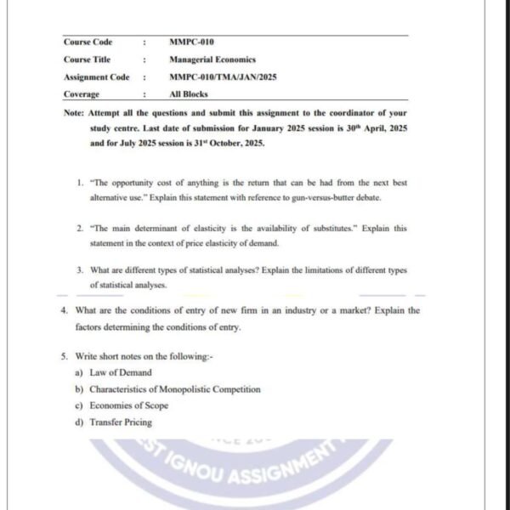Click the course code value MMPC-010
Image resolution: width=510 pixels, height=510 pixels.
coord(191,42)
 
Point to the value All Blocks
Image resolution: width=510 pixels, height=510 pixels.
coord(188,94)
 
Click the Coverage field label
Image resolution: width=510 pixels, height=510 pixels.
coord(82,94)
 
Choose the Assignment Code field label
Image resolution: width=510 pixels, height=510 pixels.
coord(97,77)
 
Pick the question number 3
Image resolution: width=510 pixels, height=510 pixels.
coord(78,270)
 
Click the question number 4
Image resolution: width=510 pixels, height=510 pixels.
coord(65,311)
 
